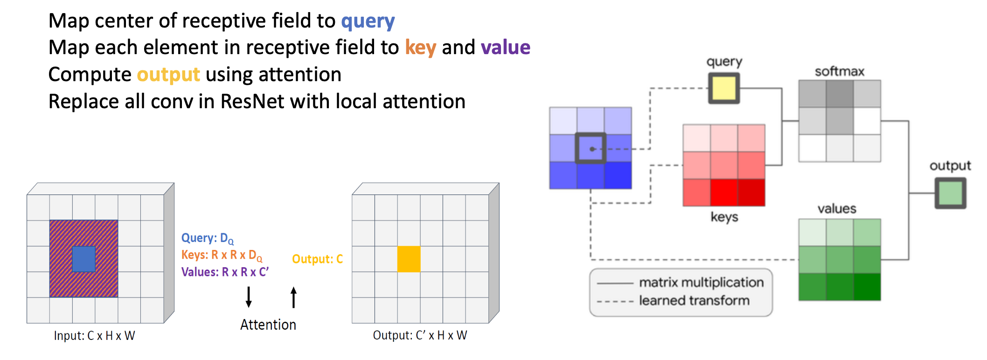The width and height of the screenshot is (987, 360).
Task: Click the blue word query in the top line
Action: (368, 21)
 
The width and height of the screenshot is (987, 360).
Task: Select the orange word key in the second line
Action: (420, 48)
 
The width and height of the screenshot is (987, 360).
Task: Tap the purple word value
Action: (506, 48)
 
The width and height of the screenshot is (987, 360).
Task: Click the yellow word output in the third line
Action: (168, 75)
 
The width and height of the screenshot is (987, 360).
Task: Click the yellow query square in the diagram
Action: (724, 88)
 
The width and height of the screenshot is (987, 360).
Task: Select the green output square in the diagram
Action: (950, 193)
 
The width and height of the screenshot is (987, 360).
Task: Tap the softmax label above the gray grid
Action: (839, 71)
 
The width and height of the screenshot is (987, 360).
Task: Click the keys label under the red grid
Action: (724, 217)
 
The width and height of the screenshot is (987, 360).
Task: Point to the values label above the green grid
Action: (837, 208)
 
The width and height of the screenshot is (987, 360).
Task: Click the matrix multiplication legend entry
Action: (701, 283)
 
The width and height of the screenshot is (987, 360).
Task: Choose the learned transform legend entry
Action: (694, 301)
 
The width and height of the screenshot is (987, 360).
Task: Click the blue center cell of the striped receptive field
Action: (84, 259)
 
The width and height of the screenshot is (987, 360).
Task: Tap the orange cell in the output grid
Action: (409, 259)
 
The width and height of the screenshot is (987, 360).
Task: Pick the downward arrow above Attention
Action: (249, 297)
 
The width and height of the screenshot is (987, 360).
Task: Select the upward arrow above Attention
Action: (293, 297)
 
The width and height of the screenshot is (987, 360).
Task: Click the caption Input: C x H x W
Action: (94, 336)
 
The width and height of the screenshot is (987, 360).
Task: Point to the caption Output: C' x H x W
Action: (420, 335)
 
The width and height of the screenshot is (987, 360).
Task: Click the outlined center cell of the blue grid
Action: (591, 149)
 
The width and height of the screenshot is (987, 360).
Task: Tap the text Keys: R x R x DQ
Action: (222, 255)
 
